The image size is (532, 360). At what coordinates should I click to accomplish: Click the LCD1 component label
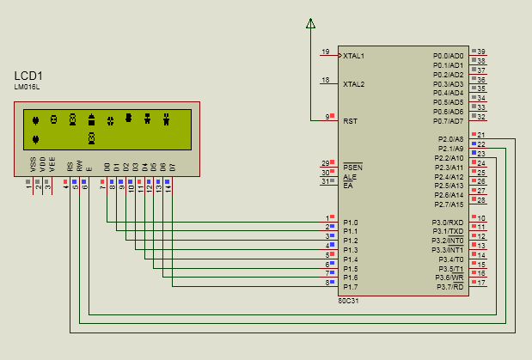28,76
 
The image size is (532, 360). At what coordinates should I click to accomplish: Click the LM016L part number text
28,87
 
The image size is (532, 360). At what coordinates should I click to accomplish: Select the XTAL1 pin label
353,56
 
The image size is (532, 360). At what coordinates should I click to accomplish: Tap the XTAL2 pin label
353,84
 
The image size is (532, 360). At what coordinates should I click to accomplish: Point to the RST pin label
350,121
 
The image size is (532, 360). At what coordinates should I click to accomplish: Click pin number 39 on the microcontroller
481,52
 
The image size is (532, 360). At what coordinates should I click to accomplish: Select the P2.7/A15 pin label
449,204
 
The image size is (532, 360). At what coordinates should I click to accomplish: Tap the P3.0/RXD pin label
448,223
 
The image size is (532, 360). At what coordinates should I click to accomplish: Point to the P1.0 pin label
351,223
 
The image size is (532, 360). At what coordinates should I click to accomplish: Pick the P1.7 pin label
351,287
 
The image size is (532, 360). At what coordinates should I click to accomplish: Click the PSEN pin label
352,167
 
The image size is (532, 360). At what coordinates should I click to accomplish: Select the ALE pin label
349,176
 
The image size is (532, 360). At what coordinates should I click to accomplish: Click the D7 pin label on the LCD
172,166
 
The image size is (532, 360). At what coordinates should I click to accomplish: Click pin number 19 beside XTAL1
325,52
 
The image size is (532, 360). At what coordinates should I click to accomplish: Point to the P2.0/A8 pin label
450,139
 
